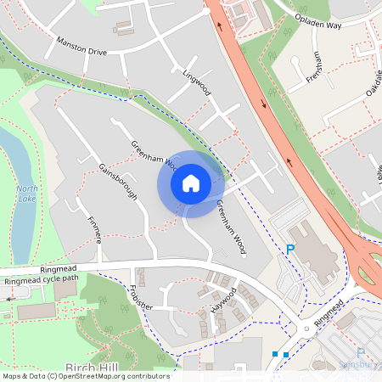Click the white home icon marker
tap(191, 183)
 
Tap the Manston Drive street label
tap(81, 46)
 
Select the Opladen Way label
tap(317, 22)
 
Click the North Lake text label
tap(27, 193)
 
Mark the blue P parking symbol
tap(289, 250)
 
